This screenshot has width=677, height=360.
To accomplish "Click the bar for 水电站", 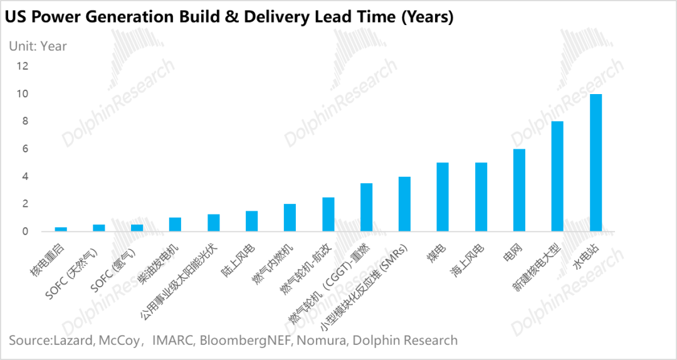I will pyautogui.click(x=596, y=163).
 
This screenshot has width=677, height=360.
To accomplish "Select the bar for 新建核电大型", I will pyautogui.click(x=557, y=177).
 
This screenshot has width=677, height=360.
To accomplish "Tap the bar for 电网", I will pyautogui.click(x=519, y=191).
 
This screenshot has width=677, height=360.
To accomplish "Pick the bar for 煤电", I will pyautogui.click(x=443, y=198).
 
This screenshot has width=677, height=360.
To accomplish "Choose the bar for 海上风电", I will pyautogui.click(x=481, y=198).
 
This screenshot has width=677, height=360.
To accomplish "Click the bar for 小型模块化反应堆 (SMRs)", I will pyautogui.click(x=404, y=204).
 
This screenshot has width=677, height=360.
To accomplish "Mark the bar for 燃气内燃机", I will pyautogui.click(x=290, y=218).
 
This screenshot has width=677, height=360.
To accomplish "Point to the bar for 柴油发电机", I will pyautogui.click(x=176, y=225).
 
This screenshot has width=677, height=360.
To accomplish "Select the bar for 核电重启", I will pyautogui.click(x=61, y=230).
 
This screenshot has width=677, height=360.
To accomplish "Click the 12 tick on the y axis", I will pyautogui.click(x=23, y=66).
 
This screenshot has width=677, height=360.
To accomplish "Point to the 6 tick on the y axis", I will pyautogui.click(x=26, y=149).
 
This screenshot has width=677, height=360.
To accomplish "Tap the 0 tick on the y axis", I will pyautogui.click(x=26, y=232).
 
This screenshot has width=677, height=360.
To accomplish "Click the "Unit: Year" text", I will pyautogui.click(x=38, y=46).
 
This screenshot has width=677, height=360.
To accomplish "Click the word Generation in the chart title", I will pyautogui.click(x=139, y=17).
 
